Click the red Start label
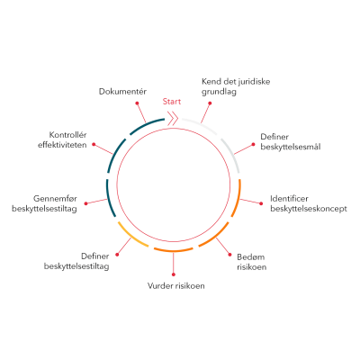click(172, 102)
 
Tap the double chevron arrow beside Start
click(173, 119)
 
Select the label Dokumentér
click(122, 92)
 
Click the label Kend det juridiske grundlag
click(236, 86)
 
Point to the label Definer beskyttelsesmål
click(291, 142)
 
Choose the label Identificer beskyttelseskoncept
click(309, 203)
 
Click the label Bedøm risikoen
click(251, 262)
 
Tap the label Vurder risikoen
click(176, 285)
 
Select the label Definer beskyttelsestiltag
click(76, 261)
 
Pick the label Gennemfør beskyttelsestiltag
click(44, 203)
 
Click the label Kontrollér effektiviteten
click(62, 139)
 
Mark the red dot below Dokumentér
click(137, 103)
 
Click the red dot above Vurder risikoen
click(174, 274)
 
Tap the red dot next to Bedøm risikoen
click(230, 255)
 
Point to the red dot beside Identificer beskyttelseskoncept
click(261, 203)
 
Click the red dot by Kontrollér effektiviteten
click(94, 144)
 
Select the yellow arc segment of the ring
click(131, 237)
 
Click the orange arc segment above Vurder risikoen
click(174, 250)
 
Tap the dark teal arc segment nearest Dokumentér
click(146, 124)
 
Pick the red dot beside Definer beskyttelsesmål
click(253, 144)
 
